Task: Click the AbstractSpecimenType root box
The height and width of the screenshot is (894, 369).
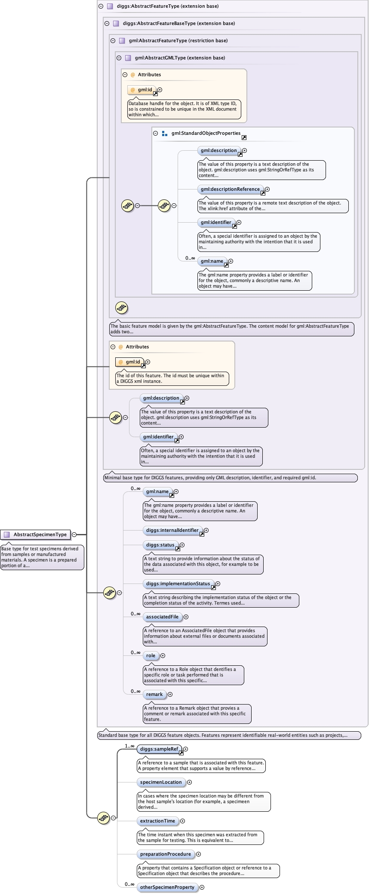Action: [x=36, y=534]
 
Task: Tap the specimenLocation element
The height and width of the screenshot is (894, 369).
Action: [x=161, y=782]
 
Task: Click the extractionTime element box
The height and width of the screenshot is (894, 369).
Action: [x=157, y=821]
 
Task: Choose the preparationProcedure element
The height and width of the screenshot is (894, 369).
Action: [x=166, y=854]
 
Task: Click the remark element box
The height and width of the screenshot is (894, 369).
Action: [x=154, y=694]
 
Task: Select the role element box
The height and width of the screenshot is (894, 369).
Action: [x=151, y=655]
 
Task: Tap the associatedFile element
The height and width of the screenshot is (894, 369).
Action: [x=162, y=617]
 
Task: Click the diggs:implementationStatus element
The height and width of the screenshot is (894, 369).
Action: [x=178, y=584]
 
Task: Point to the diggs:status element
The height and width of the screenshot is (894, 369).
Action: [x=160, y=545]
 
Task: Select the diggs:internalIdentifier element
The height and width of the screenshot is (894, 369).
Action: [x=172, y=530]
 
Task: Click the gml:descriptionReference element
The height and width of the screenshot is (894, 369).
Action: [x=230, y=189]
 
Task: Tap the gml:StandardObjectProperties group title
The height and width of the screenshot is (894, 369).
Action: [x=206, y=133]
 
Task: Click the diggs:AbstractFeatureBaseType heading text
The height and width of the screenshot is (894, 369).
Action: [x=179, y=23]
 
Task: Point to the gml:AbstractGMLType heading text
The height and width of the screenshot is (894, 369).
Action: [x=180, y=58]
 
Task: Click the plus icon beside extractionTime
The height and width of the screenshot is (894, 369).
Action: [x=182, y=821]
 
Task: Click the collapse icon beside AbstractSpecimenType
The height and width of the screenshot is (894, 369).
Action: [x=74, y=534]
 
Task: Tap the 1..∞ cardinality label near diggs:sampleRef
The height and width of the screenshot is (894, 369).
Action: [x=129, y=746]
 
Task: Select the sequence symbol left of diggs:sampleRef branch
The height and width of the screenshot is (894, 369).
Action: [x=103, y=817]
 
